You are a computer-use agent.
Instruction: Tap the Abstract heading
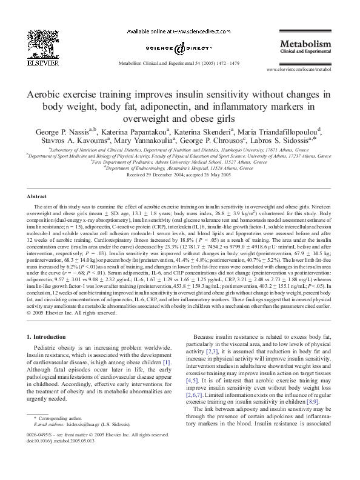(38, 197)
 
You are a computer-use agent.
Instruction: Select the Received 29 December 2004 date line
(179, 174)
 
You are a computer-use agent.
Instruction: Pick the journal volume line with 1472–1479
(179, 62)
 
